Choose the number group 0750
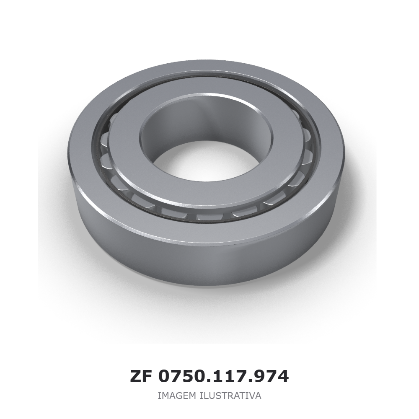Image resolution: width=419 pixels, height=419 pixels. pos(184,377)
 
